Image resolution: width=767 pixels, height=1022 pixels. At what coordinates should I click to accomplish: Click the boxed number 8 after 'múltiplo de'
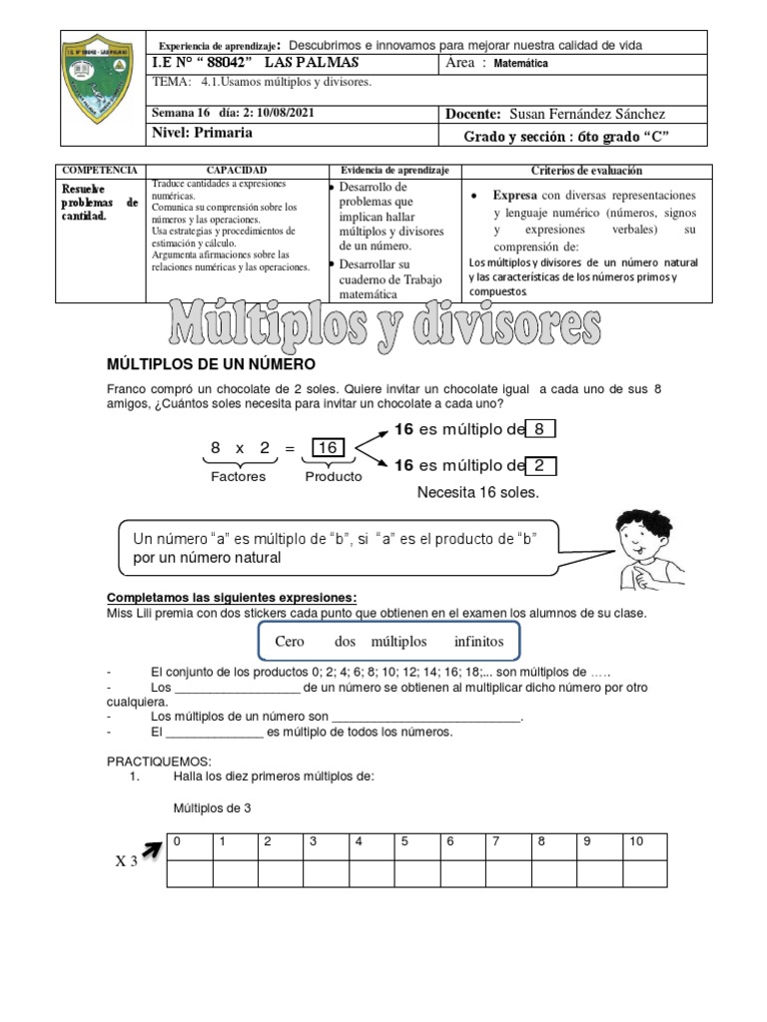pos(539,430)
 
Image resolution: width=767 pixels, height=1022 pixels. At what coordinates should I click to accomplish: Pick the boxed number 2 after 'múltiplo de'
pos(539,466)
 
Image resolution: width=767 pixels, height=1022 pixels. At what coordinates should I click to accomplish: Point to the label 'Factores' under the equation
pos(238,476)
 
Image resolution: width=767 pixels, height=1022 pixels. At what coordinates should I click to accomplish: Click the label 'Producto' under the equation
pos(334,476)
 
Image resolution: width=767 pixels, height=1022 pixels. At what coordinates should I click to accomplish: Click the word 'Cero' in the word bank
pos(290,641)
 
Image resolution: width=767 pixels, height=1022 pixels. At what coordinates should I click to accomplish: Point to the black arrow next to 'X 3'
pos(153,850)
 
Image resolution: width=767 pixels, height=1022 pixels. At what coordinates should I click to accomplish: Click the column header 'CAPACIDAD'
pos(236,171)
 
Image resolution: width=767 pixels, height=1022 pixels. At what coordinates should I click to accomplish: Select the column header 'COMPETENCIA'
pos(101,171)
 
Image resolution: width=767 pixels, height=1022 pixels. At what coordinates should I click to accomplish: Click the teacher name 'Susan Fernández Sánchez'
pos(587,114)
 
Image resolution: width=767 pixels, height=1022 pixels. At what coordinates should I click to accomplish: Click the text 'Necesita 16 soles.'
pos(478,493)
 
